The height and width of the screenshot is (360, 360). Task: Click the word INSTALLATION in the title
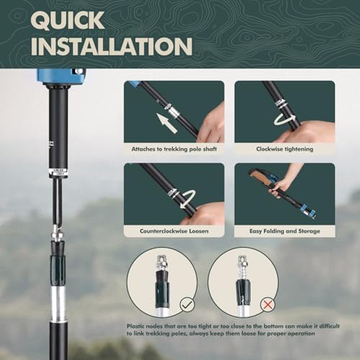pos(112,45)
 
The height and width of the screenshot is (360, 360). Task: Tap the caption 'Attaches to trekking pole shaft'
pos(174,148)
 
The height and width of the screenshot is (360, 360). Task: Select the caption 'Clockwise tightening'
pos(284,148)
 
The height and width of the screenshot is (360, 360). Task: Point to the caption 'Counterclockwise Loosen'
pos(174,231)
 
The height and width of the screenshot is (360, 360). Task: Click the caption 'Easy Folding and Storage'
pos(284,231)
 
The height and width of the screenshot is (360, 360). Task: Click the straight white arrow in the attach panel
pos(167,124)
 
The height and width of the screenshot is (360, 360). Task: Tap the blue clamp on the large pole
pos(61,76)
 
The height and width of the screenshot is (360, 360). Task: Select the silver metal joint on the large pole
pos(56,234)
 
